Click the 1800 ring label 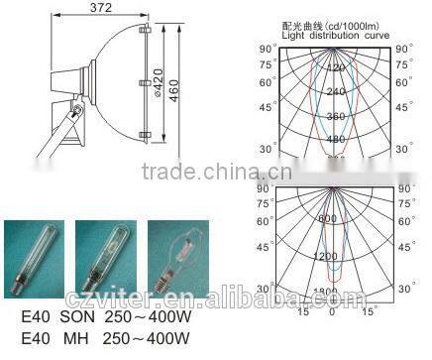pyautogui.click(x=332, y=291)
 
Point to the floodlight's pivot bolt pyautogui.click(x=77, y=107)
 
